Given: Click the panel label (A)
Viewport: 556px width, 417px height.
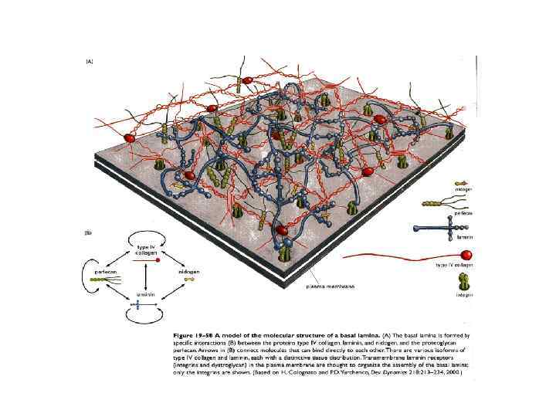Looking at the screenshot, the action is [90, 62].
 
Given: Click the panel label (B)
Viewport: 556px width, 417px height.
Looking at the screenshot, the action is [90, 232].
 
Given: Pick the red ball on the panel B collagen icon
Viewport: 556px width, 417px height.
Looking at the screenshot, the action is [158, 260].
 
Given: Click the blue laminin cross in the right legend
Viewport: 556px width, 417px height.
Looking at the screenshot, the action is [441, 229].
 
